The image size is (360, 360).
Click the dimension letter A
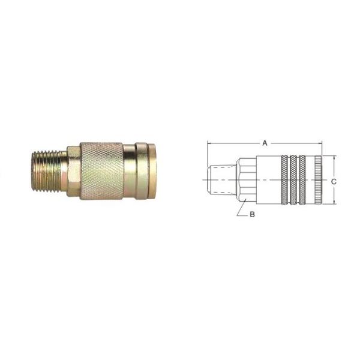(x=265, y=143)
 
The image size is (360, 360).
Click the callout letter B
(x=252, y=214)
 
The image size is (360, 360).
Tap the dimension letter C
(x=334, y=182)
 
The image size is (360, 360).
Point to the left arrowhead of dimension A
(x=209, y=143)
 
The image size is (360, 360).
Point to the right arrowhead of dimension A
(x=320, y=143)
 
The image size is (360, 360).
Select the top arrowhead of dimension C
(x=334, y=157)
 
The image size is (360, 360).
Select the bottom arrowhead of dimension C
(x=334, y=202)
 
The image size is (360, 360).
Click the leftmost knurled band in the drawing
(x=284, y=180)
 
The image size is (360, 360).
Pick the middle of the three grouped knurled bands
(x=293, y=180)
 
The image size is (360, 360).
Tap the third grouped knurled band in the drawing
(x=302, y=180)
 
